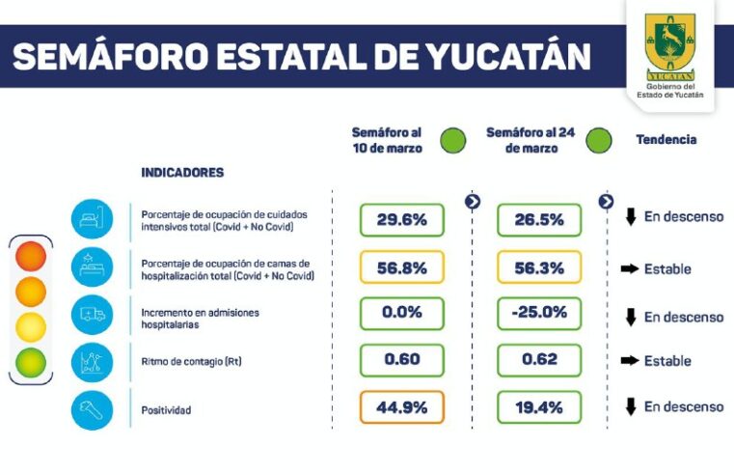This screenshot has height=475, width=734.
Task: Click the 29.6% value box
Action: click(401, 220)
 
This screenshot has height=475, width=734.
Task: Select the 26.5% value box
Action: click(539, 220)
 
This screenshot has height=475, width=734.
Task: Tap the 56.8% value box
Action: click(401, 268)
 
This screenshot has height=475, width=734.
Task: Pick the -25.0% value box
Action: click(539, 314)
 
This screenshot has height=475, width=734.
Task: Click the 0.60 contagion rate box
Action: click(401, 360)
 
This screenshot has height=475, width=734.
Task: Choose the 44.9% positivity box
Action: click(401, 407)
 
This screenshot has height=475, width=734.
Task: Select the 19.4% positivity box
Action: click(539, 407)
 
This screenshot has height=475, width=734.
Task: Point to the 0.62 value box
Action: click(539, 360)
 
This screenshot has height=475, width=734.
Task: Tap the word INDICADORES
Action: click(182, 173)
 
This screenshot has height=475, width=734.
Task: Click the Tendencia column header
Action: click(666, 140)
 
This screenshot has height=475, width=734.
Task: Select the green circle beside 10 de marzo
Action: click(452, 141)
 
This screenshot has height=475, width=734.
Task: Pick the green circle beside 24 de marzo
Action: click(598, 141)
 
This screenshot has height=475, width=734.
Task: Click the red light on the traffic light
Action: click(31, 256)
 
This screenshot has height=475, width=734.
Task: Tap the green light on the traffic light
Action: click(31, 362)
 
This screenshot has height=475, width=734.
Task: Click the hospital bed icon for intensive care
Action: click(93, 218)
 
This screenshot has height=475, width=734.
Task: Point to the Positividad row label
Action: click(166, 410)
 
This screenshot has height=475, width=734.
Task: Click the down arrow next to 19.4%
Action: click(631, 407)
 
